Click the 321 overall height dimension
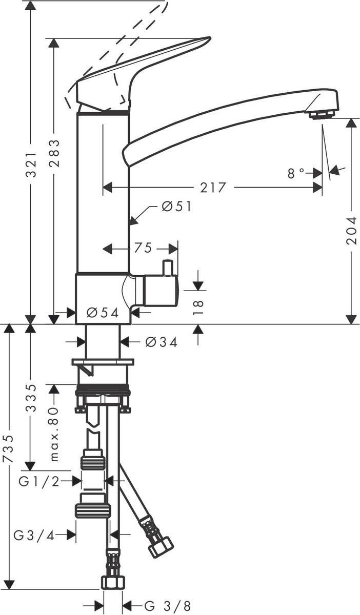pyautogui.click(x=31, y=165)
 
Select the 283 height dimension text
pyautogui.click(x=54, y=153)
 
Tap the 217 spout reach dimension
pyautogui.click(x=213, y=188)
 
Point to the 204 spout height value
pyautogui.click(x=351, y=230)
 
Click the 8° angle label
pyautogui.click(x=296, y=174)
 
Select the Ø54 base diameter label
pyautogui.click(x=103, y=312)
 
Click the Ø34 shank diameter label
pyautogui.click(x=161, y=342)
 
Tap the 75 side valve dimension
pyautogui.click(x=144, y=249)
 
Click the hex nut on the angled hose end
pyautogui.click(x=161, y=548)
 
